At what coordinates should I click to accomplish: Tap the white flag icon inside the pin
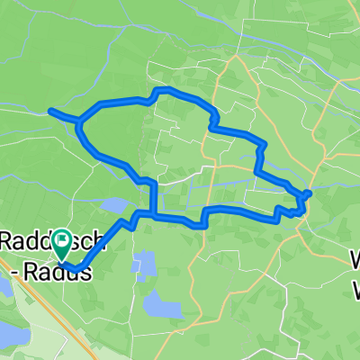click(62, 238)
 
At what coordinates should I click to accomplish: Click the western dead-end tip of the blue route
click(50, 111)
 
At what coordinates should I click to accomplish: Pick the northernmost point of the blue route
click(162, 90)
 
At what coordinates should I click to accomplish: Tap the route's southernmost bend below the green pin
click(78, 268)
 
